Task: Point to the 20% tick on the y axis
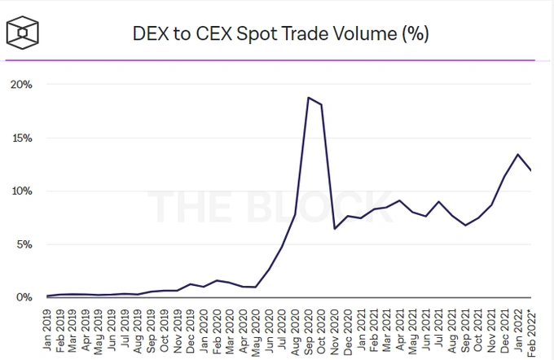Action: click(x=21, y=85)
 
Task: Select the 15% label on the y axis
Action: click(x=21, y=138)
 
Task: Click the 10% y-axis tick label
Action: click(x=21, y=191)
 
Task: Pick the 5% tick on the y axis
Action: click(x=24, y=244)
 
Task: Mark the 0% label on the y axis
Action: click(x=24, y=297)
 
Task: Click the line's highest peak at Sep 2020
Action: click(x=309, y=98)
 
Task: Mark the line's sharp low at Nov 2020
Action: click(x=336, y=229)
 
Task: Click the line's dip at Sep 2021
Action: click(x=465, y=225)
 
